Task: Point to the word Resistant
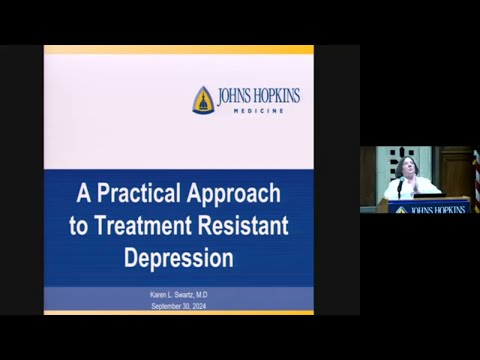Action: click(246, 225)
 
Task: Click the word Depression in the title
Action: click(179, 257)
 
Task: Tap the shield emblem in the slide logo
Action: click(203, 99)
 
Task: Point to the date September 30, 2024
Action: click(178, 307)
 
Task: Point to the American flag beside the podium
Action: click(476, 180)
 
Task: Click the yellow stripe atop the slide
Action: click(178, 49)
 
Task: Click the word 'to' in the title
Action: click(79, 225)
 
